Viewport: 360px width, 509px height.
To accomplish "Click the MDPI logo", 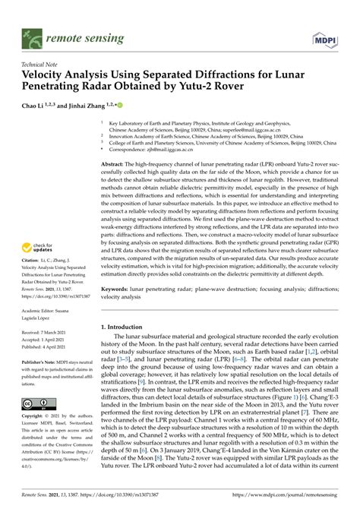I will click(x=323, y=36).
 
